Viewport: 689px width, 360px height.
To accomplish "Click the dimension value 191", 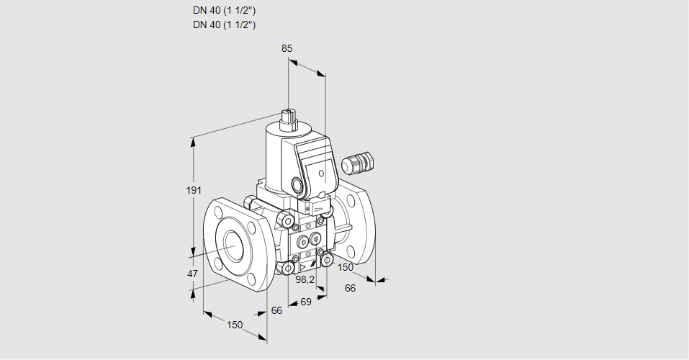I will [193, 190].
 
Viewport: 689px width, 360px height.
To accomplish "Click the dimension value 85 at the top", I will [287, 48].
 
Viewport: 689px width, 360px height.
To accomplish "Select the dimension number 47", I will [192, 274].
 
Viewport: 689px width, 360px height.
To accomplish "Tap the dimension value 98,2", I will [306, 279].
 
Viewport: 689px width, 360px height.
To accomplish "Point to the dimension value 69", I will [305, 302].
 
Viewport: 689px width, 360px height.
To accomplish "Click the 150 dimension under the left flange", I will [235, 325].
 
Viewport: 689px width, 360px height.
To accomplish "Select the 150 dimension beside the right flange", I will [346, 267].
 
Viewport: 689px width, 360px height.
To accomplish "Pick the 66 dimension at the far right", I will [351, 288].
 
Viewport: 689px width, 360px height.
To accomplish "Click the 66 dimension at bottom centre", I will [276, 310].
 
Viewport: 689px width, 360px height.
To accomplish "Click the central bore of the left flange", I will [234, 246].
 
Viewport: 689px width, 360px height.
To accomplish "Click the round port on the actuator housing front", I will [297, 184].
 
